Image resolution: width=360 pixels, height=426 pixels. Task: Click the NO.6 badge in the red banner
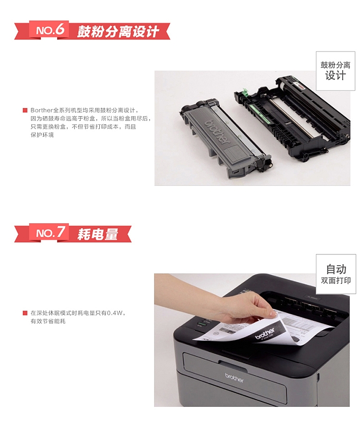click(50, 30)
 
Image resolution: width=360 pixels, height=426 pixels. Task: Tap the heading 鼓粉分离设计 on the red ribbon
click(118, 32)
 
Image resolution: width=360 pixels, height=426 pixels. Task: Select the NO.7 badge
click(50, 233)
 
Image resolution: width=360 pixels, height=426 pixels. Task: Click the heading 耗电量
click(97, 234)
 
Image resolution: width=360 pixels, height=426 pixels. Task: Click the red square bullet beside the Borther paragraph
click(25, 110)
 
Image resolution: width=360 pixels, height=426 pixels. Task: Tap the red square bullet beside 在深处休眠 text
click(25, 313)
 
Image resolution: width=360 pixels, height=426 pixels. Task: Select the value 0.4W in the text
click(115, 313)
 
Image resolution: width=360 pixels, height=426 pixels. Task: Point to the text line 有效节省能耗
click(48, 321)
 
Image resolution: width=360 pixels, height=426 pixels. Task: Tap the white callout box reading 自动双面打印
click(336, 274)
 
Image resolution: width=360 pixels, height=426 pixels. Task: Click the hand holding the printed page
click(250, 307)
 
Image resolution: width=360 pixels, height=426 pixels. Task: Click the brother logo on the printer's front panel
click(234, 377)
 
